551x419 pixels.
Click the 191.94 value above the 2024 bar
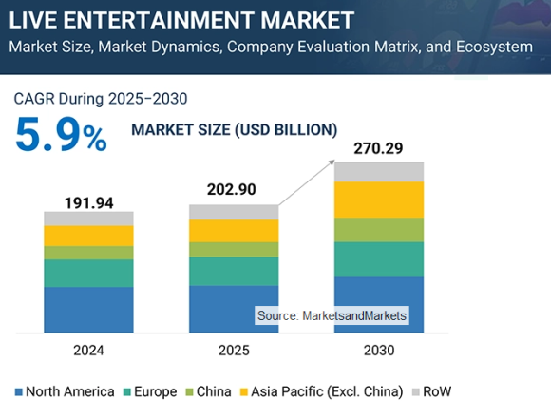pos(88,202)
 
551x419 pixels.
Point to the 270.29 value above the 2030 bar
pos(379,148)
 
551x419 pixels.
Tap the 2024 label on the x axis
pos(88,351)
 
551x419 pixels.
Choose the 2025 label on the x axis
pos(234,351)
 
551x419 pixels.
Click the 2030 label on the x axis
pos(379,351)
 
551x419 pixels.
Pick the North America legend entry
pos(65,391)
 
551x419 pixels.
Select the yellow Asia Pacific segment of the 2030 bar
pos(379,200)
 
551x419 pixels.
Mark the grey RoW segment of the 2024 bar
pos(88,219)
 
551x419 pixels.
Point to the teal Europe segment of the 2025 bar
pos(234,271)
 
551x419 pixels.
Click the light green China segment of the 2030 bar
pos(379,229)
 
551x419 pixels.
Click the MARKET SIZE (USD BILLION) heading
pos(234,129)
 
